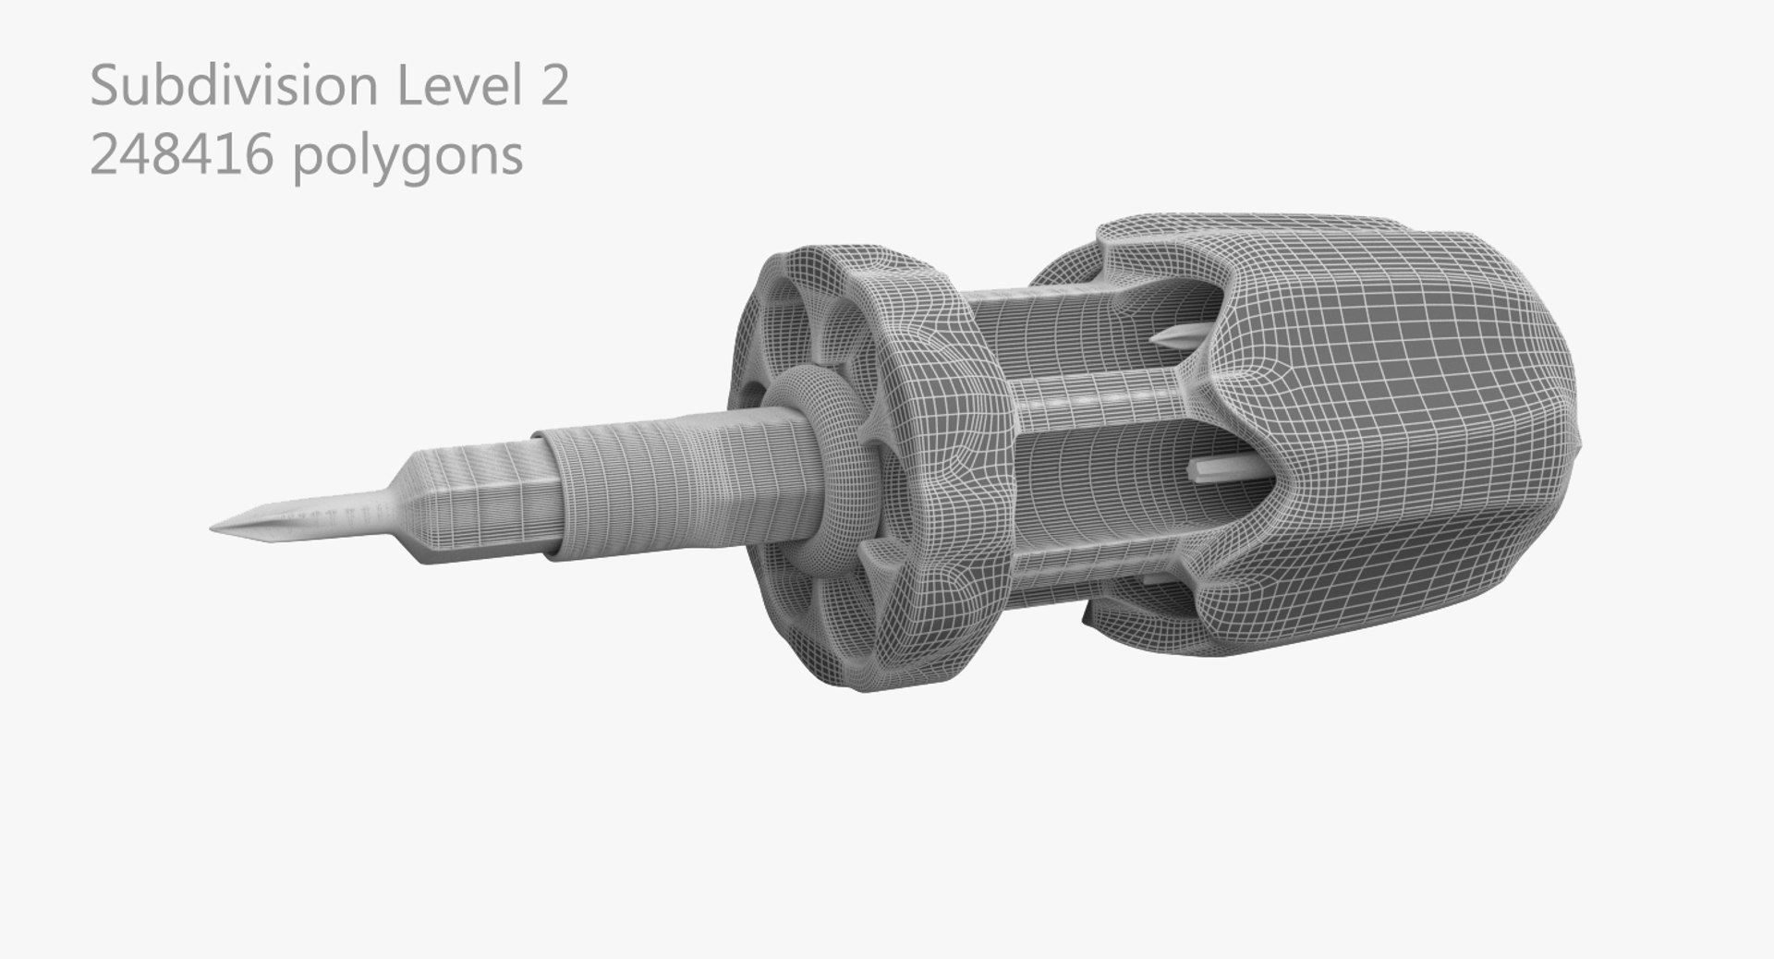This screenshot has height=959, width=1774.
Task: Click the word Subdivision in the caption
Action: [234, 87]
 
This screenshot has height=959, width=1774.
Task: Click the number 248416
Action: [181, 154]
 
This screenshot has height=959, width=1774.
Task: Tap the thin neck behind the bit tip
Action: [333, 513]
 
